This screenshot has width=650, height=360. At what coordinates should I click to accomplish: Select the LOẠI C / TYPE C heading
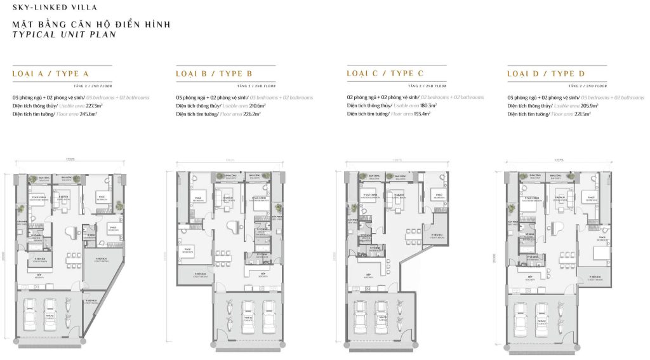tap(385, 74)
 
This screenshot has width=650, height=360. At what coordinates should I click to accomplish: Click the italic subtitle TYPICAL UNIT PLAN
tap(64, 36)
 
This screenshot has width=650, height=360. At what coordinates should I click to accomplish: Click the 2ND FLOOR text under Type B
tap(262, 84)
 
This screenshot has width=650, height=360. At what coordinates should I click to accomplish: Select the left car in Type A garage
tap(30, 314)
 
